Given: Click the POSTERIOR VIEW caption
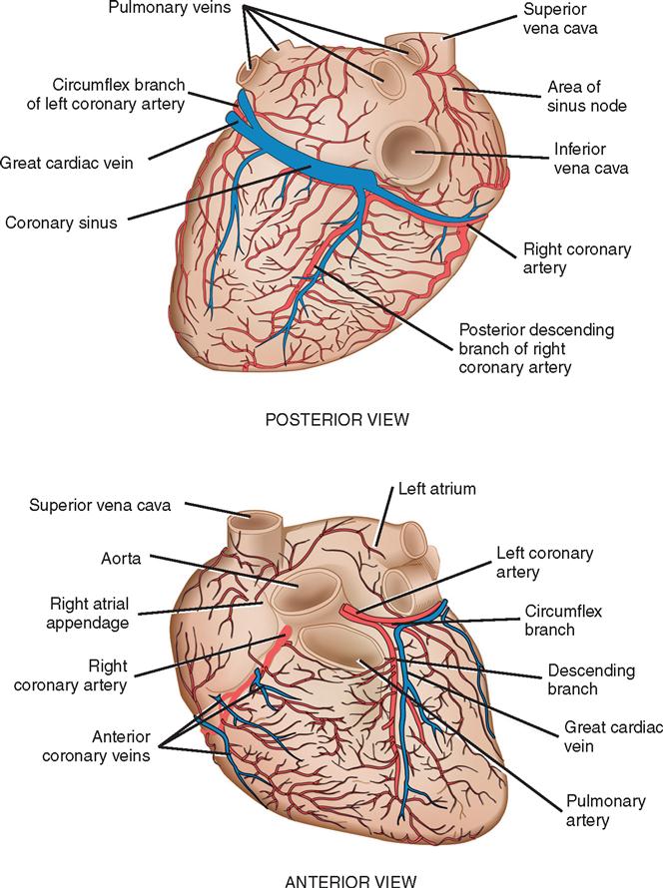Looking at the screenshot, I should (x=336, y=419).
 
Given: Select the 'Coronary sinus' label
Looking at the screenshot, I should (x=60, y=222).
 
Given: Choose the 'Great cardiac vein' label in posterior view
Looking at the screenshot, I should (x=66, y=161).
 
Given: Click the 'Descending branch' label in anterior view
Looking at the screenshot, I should (x=587, y=678).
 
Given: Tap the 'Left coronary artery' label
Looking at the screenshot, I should (x=544, y=562).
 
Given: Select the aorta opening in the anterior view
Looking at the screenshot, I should (x=295, y=589).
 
